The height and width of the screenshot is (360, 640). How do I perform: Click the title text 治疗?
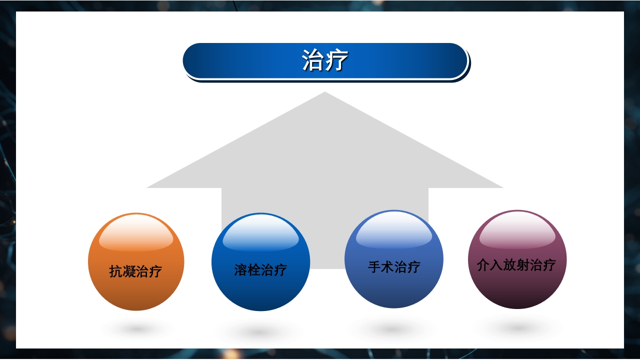tap(325, 61)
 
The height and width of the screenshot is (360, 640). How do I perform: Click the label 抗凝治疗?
tap(136, 271)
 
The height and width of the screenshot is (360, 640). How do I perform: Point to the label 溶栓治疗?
tap(260, 270)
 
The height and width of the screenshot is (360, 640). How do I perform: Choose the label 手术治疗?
tap(394, 267)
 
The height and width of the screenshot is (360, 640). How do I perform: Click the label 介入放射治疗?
tap(516, 264)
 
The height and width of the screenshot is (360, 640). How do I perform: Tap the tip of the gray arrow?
tap(325, 93)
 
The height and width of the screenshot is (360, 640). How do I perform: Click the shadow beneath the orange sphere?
tap(136, 329)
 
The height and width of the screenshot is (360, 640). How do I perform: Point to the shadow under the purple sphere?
tap(517, 328)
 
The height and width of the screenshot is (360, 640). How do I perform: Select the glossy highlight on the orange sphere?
tap(136, 235)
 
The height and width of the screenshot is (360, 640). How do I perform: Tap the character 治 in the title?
tap(313, 61)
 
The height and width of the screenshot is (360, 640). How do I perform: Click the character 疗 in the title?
tap(337, 61)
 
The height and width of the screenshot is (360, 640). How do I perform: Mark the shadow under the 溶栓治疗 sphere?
tap(259, 331)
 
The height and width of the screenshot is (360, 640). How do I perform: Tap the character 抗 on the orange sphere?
tap(116, 271)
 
